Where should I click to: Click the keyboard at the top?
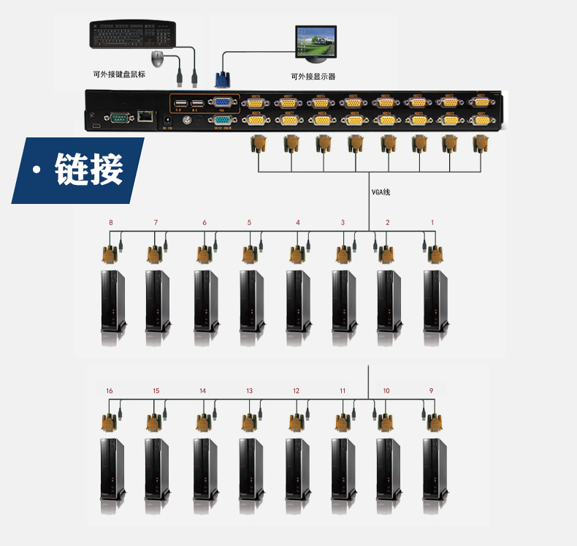click(x=134, y=34)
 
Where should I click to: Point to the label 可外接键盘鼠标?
click(x=118, y=74)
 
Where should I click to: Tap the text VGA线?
click(x=381, y=192)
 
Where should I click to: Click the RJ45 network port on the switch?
click(x=146, y=115)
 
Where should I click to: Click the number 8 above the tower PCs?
click(x=111, y=222)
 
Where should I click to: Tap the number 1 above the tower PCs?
click(x=432, y=222)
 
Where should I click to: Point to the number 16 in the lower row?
click(x=110, y=391)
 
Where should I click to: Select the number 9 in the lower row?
click(x=432, y=391)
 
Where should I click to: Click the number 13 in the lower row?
click(x=249, y=391)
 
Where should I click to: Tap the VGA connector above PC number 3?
click(x=343, y=254)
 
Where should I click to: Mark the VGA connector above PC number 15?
click(x=153, y=423)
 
